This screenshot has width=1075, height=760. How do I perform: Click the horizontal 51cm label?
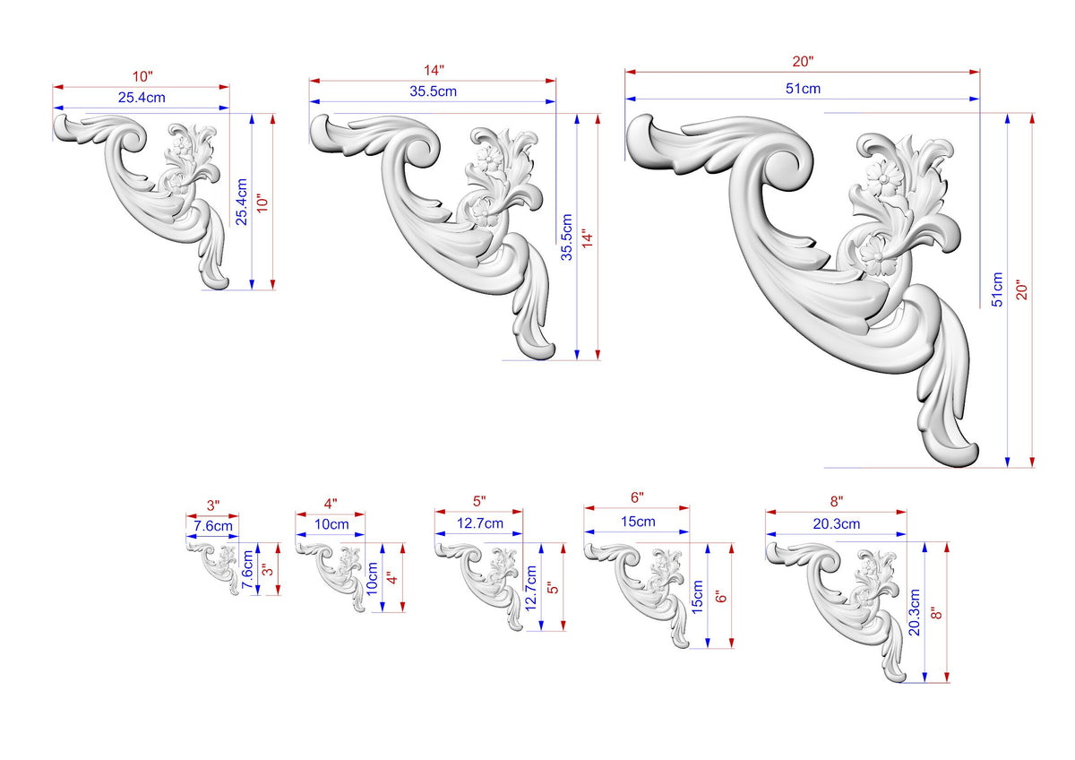click(803, 89)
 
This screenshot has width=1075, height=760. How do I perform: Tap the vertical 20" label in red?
click(1022, 289)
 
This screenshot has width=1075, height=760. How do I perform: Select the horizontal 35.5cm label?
click(433, 91)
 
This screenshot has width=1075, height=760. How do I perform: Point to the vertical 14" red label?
click(588, 237)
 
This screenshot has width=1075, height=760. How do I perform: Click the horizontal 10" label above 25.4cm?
click(142, 76)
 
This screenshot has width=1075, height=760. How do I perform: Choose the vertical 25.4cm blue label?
click(241, 202)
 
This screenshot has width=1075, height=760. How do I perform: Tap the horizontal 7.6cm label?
click(213, 526)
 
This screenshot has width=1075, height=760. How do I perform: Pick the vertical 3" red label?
click(268, 569)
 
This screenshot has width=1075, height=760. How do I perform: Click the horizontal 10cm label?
click(331, 524)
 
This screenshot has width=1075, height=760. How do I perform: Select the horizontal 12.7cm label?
click(480, 522)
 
